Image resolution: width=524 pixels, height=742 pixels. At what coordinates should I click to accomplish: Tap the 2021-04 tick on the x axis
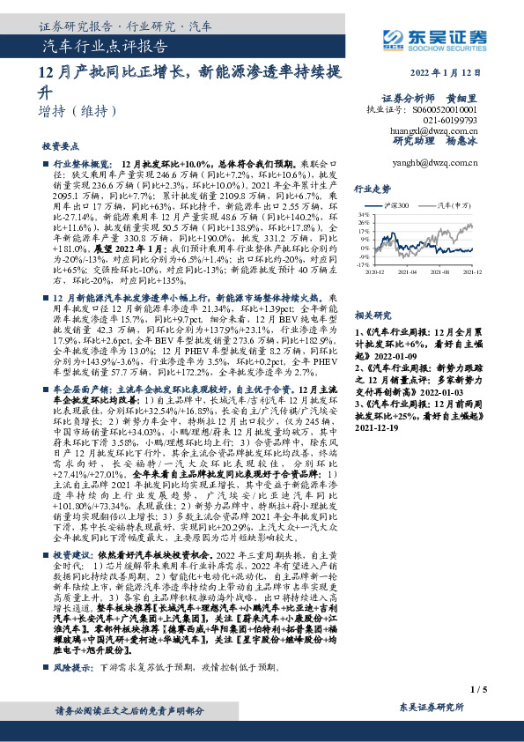pyautogui.click(x=411, y=273)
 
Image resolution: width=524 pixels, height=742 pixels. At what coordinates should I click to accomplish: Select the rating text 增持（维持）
pyautogui.click(x=78, y=112)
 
